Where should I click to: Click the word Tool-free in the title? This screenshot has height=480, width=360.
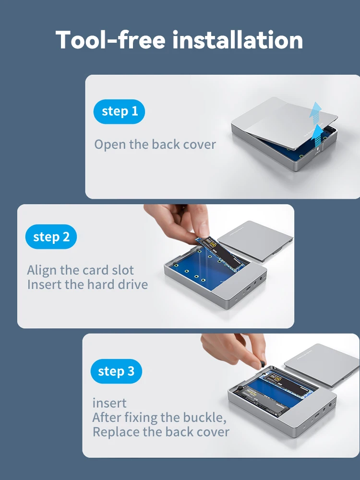(x=110, y=40)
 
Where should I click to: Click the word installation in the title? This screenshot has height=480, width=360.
(x=238, y=40)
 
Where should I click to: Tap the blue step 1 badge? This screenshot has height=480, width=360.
(x=119, y=111)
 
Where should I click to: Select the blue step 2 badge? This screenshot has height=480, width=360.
(x=51, y=237)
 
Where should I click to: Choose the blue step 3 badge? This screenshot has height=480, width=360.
(x=116, y=371)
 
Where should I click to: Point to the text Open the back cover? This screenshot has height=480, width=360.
(x=155, y=144)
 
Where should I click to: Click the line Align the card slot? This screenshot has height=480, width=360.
(x=80, y=270)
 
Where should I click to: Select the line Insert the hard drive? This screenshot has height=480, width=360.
(x=87, y=284)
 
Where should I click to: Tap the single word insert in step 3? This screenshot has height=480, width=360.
(x=109, y=403)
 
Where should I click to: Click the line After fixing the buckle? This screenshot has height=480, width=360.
(x=159, y=417)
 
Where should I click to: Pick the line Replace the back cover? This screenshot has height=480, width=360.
(x=161, y=432)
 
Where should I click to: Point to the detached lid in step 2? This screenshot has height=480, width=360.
(x=255, y=240)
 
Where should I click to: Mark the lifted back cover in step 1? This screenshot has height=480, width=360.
(x=285, y=122)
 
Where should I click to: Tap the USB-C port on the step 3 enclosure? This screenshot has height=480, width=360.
(x=317, y=416)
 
